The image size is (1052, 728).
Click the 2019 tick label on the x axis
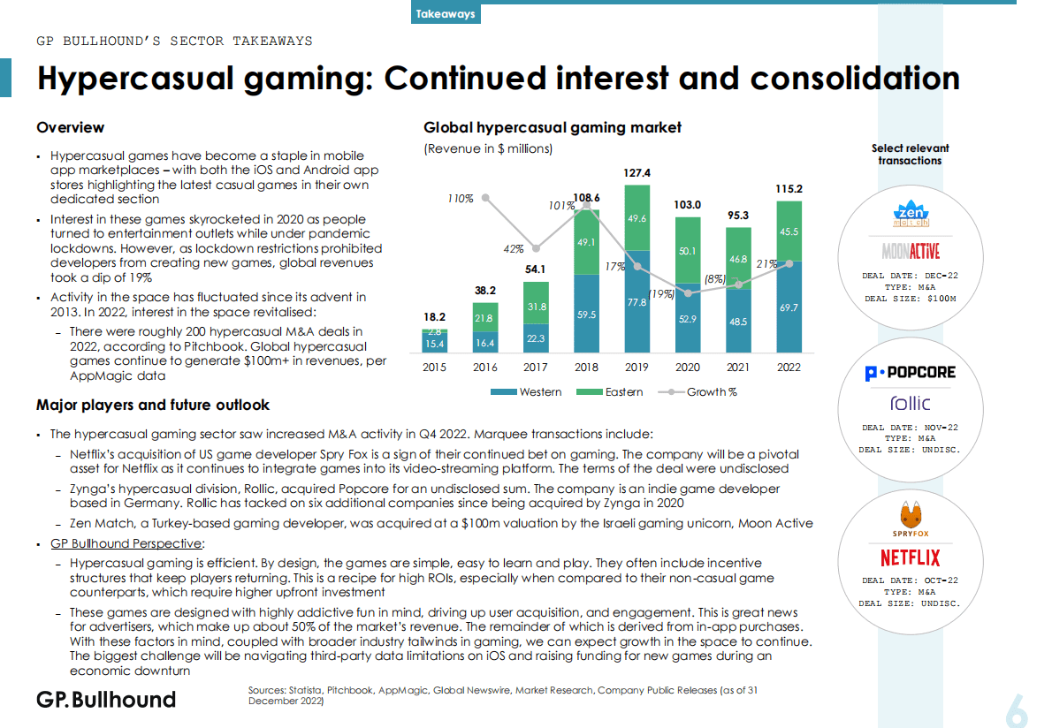[637, 367]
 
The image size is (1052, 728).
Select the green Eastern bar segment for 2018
[586, 241]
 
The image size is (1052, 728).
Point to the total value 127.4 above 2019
[637, 173]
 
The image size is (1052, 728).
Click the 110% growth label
[461, 199]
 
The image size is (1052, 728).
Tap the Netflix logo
[910, 557]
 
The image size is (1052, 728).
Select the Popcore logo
[910, 373]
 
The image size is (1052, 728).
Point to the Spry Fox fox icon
[910, 515]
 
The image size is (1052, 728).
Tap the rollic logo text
[910, 403]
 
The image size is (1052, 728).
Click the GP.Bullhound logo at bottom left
[106, 700]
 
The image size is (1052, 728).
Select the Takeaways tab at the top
[446, 13]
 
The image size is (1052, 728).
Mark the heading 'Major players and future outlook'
[153, 406]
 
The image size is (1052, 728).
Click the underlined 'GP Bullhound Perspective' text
[126, 543]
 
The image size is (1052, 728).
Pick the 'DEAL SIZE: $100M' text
[910, 299]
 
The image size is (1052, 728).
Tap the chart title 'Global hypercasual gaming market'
[553, 127]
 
